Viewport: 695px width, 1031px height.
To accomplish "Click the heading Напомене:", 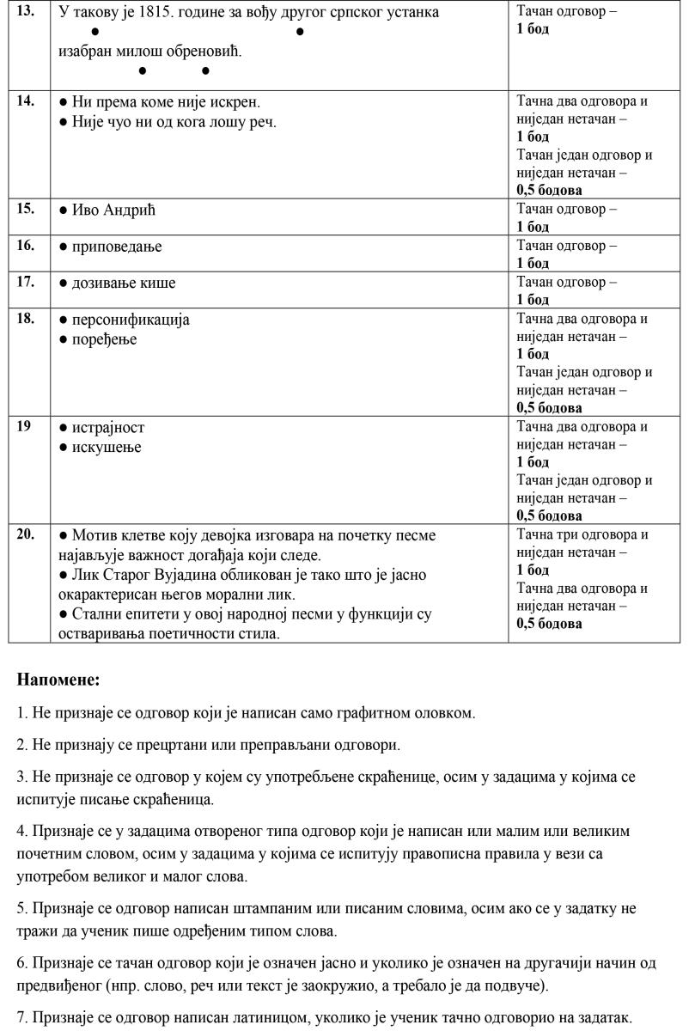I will click(x=58, y=680).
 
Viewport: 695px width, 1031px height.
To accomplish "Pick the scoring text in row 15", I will click(x=566, y=217).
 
